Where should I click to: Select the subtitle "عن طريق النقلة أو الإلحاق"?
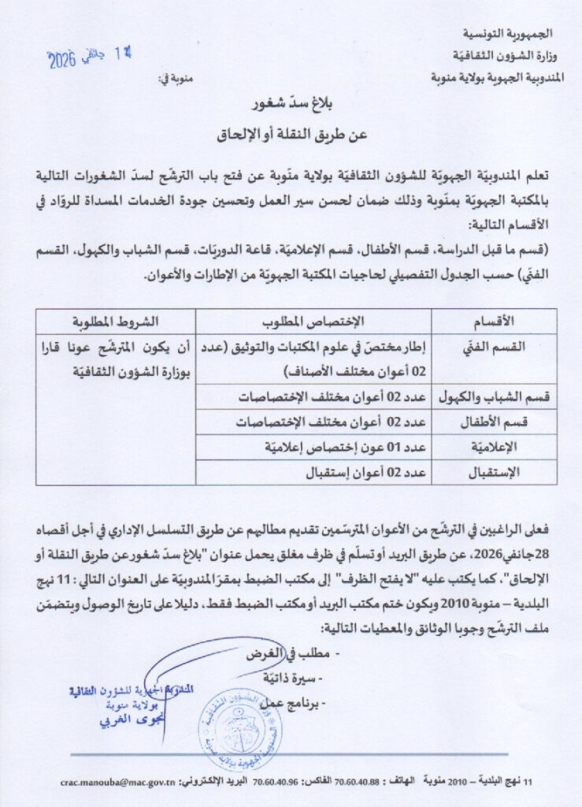pyautogui.click(x=292, y=135)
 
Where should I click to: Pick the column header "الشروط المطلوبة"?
pyautogui.click(x=115, y=320)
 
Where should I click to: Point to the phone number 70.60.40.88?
pyautogui.click(x=357, y=783)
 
